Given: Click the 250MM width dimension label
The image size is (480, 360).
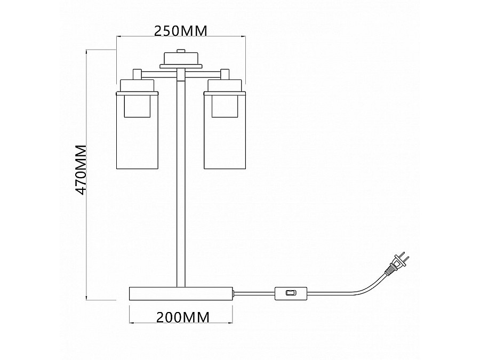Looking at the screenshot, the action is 181,31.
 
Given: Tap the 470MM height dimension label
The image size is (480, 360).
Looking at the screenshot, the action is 81,170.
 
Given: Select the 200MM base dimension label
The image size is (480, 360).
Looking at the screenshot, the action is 183,317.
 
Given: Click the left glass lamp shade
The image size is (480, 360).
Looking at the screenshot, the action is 137,130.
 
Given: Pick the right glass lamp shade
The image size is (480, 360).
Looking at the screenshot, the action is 225,130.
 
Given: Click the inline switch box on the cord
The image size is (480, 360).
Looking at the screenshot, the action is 291,293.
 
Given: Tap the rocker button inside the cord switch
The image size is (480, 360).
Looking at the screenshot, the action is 291,293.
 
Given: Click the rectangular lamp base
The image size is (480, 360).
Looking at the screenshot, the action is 181,293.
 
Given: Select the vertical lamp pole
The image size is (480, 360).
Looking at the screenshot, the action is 181,179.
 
